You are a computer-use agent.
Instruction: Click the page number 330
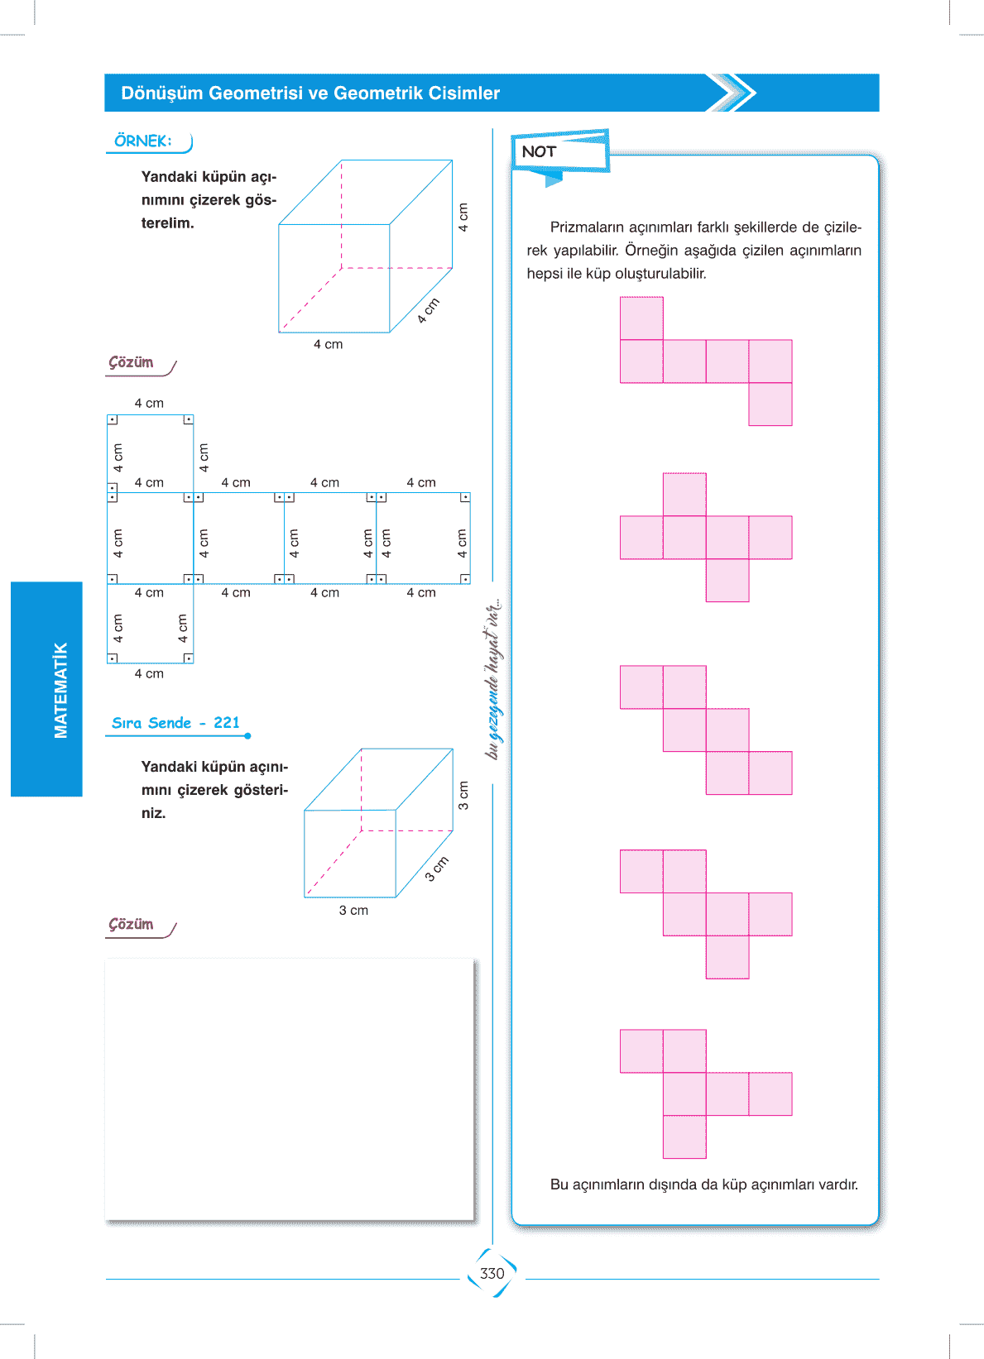click(492, 1273)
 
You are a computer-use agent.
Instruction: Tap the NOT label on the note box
click(539, 151)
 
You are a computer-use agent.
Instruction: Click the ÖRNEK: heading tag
click(143, 141)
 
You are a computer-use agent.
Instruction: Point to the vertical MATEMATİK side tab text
click(60, 690)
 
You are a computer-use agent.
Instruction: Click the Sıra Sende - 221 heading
click(175, 723)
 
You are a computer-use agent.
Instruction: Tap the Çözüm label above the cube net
click(132, 362)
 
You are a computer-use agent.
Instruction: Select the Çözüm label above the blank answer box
click(132, 924)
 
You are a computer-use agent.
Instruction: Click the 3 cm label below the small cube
click(353, 910)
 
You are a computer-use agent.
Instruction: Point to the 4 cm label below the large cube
click(328, 344)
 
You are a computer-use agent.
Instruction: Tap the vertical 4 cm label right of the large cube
click(463, 217)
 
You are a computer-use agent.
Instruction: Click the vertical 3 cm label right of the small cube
click(463, 795)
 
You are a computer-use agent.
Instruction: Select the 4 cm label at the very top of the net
click(149, 403)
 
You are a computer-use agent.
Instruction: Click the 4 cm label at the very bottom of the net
click(149, 673)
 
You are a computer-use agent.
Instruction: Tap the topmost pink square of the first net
click(641, 318)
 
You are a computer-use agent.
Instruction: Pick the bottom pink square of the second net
click(727, 580)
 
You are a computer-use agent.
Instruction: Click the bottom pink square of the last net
click(684, 1136)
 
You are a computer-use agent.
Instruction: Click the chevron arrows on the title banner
click(732, 93)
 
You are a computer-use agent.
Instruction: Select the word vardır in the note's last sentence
click(838, 1184)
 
